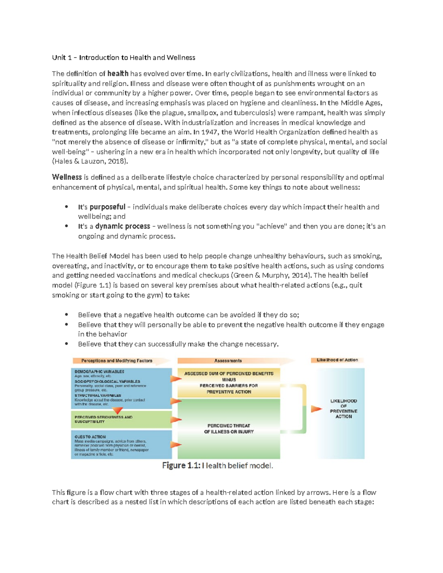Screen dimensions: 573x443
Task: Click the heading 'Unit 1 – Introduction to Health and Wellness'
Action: tap(123, 58)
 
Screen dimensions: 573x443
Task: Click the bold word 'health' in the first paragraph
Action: tap(118, 74)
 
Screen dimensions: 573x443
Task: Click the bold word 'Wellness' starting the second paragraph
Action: tap(67, 177)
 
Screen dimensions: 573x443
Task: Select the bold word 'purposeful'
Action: tap(107, 207)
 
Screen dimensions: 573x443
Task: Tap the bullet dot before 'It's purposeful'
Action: tap(66, 207)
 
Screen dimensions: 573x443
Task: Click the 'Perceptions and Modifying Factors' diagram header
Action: tap(117, 361)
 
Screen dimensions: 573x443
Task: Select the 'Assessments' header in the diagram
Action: tap(228, 361)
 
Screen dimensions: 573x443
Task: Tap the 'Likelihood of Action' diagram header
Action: tap(337, 360)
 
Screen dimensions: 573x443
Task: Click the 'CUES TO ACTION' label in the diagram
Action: tap(90, 437)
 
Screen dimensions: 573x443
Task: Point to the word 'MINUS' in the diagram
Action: tap(229, 380)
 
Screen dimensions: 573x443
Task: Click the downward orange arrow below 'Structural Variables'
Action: tap(117, 410)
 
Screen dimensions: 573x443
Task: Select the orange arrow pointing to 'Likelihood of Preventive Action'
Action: tap(316, 409)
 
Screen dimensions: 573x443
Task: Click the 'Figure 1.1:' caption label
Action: tap(181, 466)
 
